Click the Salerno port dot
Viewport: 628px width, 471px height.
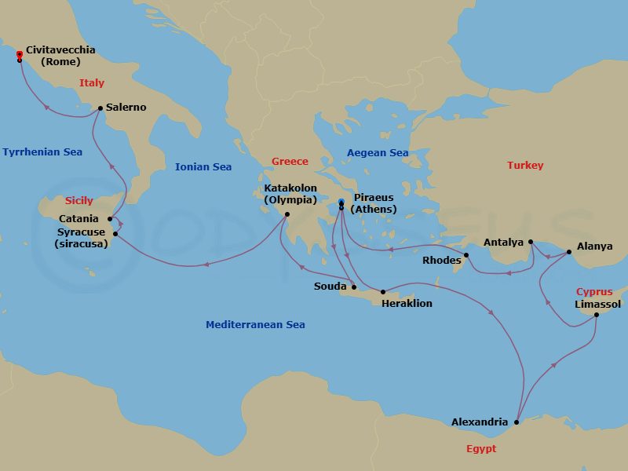100,108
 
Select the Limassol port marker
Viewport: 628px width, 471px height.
596,315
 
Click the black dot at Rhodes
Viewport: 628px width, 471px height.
466,255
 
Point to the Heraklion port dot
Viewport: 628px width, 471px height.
383,292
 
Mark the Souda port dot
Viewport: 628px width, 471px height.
354,287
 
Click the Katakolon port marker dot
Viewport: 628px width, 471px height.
287,214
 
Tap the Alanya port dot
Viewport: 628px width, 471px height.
570,252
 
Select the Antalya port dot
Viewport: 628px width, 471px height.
531,242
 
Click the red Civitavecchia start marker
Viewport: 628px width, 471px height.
19,54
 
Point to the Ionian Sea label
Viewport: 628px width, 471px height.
203,167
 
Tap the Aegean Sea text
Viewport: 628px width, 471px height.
378,152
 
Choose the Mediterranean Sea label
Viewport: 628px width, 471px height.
255,324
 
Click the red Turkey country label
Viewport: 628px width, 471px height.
525,166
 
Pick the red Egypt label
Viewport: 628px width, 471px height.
480,449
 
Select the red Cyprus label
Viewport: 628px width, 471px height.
594,292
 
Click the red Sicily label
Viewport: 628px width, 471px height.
79,201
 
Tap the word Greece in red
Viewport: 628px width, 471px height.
290,162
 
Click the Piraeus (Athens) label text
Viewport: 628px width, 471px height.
373,203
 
